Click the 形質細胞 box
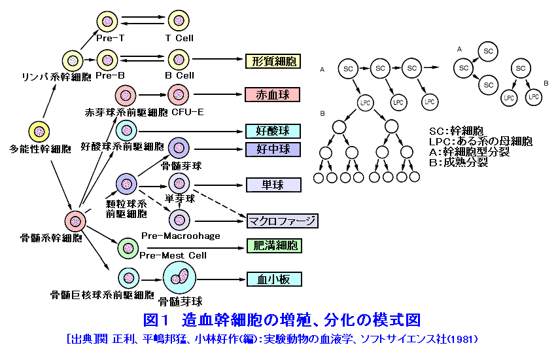click(x=273, y=62)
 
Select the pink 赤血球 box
click(x=272, y=94)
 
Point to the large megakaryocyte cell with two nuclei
click(x=180, y=279)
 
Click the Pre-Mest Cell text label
click(x=173, y=255)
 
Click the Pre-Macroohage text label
click(x=181, y=235)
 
